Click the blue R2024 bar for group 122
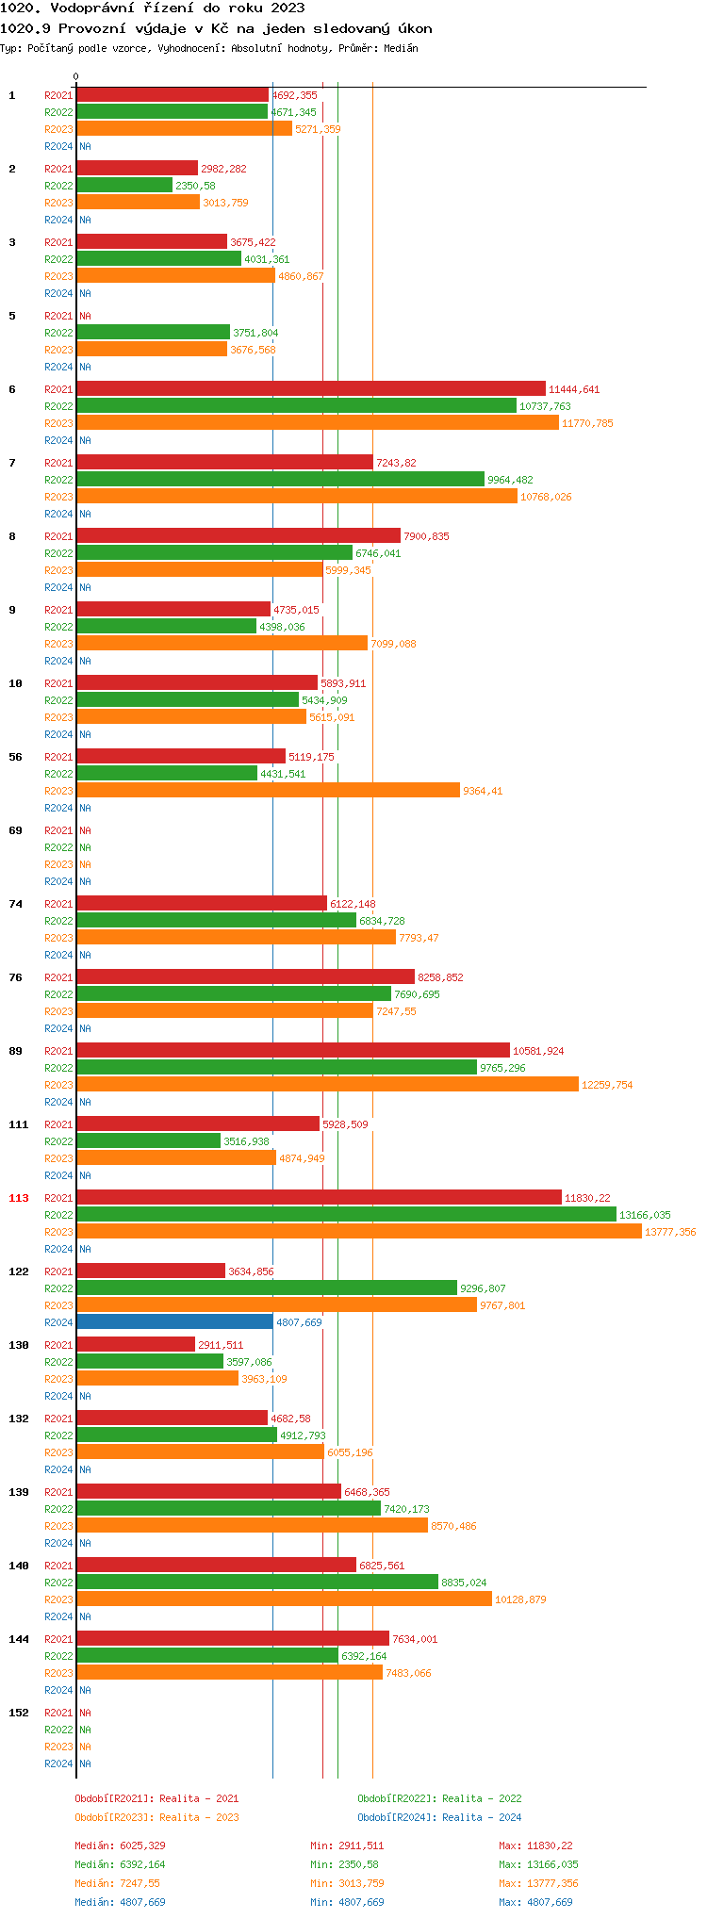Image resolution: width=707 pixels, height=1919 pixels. coord(174,1322)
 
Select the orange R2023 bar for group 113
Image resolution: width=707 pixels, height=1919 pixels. coord(358,1232)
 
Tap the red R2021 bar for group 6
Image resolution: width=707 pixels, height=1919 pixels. coord(311,389)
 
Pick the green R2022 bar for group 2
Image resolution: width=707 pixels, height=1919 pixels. coord(124,186)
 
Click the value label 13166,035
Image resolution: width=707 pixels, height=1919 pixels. coord(645,1215)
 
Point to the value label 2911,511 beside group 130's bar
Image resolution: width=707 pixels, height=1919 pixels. coord(221,1345)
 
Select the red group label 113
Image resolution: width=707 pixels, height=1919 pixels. coord(19,1198)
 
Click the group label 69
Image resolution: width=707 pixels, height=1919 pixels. coord(16,830)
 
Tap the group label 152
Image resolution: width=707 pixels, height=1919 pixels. coord(19,1713)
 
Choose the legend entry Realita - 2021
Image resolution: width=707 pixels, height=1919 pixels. coord(199,1798)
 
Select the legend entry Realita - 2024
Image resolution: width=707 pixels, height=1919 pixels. coord(482,1817)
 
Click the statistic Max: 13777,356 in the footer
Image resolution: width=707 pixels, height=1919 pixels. coord(538,1883)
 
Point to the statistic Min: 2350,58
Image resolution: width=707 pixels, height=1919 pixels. coord(347,1864)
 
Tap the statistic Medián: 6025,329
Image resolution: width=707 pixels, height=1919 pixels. coord(120,1845)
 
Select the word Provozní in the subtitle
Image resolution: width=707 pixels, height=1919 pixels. coord(90,28)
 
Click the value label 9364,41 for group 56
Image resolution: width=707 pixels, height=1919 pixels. coord(483,791)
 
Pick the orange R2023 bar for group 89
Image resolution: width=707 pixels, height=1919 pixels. coord(327,1085)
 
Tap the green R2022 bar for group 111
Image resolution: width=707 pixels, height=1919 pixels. coord(148,1141)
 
